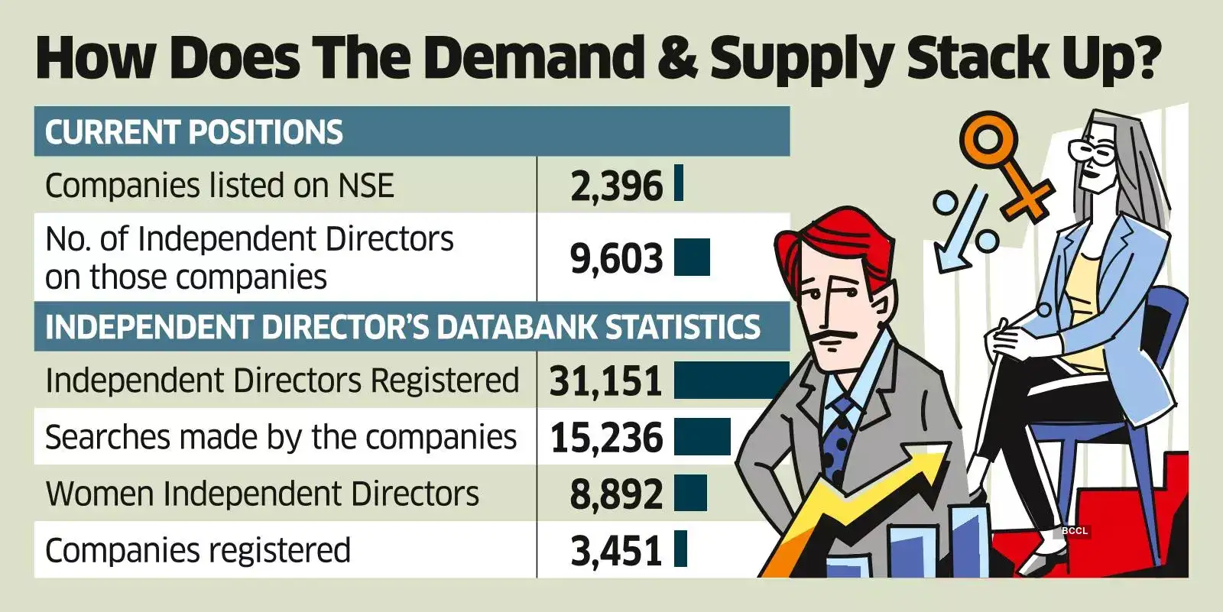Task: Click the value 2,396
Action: [616, 186]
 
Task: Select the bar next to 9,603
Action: [692, 257]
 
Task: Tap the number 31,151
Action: [605, 380]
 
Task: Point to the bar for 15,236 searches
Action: [702, 437]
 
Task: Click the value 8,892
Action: [616, 494]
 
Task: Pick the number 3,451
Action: [616, 551]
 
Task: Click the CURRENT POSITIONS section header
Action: [194, 132]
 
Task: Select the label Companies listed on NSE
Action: [219, 186]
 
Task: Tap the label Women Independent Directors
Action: [262, 494]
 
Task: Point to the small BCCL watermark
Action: [1074, 530]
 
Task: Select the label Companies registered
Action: [198, 550]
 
